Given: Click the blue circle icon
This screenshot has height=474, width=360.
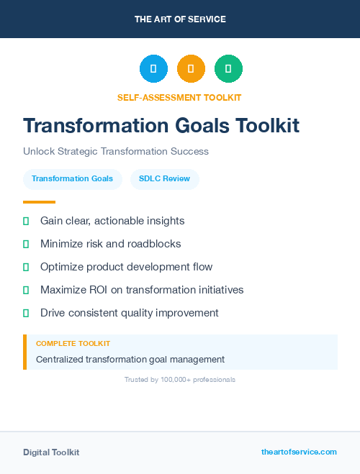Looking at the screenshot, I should [x=153, y=68].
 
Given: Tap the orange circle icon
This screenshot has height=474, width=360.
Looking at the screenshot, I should [x=191, y=68].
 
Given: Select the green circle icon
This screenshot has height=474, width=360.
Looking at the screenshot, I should [x=228, y=68].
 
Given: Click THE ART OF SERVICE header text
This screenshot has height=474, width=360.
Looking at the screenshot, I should [x=180, y=19].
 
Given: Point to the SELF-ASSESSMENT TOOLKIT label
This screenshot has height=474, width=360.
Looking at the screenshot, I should [x=179, y=97].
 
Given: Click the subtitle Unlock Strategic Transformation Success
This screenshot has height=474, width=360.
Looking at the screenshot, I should [x=116, y=152].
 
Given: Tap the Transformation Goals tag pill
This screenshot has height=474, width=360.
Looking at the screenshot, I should [x=72, y=178].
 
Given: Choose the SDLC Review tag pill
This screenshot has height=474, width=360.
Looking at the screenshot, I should [x=165, y=178].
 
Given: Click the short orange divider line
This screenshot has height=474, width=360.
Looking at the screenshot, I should [x=39, y=202].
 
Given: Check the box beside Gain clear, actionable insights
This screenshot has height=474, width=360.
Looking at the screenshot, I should [x=26, y=221].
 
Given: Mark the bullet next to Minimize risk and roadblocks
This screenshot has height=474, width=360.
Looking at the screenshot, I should [x=26, y=244].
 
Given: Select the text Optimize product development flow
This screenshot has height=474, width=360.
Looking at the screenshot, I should [x=126, y=267].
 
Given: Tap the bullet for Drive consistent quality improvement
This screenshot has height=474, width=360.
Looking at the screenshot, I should [x=26, y=313].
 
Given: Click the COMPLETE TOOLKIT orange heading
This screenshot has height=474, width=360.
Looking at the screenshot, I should [x=73, y=344].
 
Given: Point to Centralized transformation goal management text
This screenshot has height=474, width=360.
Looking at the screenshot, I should [x=130, y=359].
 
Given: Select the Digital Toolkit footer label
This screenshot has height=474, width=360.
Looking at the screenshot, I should [x=51, y=452].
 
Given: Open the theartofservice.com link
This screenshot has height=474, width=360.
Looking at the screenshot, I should [x=299, y=452].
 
